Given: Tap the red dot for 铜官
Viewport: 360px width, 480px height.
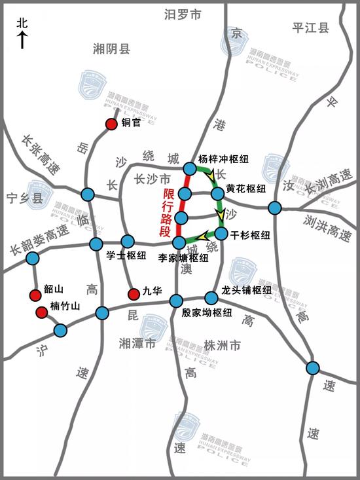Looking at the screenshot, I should (111, 124).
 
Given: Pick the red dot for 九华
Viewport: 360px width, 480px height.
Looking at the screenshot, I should (133, 293).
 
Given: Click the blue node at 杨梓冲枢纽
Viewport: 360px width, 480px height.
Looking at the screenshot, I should (189, 169).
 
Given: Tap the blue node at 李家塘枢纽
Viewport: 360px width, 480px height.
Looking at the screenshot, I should (179, 243).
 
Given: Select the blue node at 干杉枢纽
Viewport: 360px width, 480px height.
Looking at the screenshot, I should (221, 233).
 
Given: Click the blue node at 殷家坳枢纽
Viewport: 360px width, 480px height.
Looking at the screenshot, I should (176, 301).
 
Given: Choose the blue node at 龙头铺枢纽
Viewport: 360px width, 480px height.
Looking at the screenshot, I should (211, 297).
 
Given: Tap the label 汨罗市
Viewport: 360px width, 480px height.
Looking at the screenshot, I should (183, 14).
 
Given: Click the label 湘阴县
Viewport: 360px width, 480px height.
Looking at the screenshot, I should (111, 48).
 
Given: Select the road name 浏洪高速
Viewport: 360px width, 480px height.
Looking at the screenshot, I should (329, 222).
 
